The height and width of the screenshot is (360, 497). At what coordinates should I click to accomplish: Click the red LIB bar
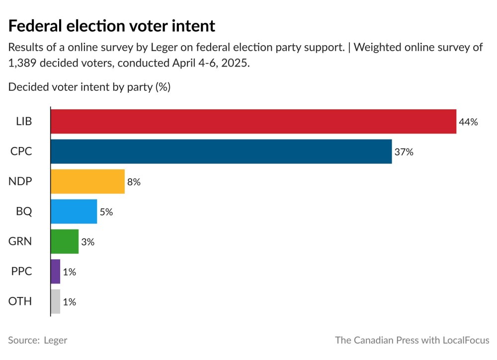pyautogui.click(x=253, y=122)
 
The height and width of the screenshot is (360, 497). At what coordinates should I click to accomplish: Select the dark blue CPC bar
pyautogui.click(x=221, y=151)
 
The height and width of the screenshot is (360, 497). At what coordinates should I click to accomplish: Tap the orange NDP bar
pyautogui.click(x=87, y=182)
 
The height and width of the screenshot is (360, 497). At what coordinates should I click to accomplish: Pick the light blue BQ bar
pyautogui.click(x=74, y=212)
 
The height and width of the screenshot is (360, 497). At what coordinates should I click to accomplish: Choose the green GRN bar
pyautogui.click(x=65, y=242)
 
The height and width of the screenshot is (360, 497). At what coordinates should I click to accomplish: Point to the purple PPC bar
pyautogui.click(x=55, y=272)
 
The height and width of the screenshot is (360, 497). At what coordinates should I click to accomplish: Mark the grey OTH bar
pyautogui.click(x=55, y=301)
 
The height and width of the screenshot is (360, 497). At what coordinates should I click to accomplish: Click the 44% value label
pyautogui.click(x=468, y=122)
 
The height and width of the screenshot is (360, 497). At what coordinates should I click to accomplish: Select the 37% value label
pyautogui.click(x=404, y=152)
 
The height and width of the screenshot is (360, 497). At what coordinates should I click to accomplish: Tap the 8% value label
pyautogui.click(x=134, y=182)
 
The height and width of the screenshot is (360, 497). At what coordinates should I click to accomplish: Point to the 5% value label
pyautogui.click(x=106, y=212)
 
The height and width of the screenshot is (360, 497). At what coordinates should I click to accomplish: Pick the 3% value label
pyautogui.click(x=87, y=242)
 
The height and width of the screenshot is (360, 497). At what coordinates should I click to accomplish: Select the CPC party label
pyautogui.click(x=21, y=152)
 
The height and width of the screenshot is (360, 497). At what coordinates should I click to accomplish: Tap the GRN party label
pyautogui.click(x=20, y=242)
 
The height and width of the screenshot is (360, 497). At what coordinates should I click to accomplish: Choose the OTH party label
pyautogui.click(x=20, y=301)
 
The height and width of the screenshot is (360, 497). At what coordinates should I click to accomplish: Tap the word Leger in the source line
pyautogui.click(x=55, y=340)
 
